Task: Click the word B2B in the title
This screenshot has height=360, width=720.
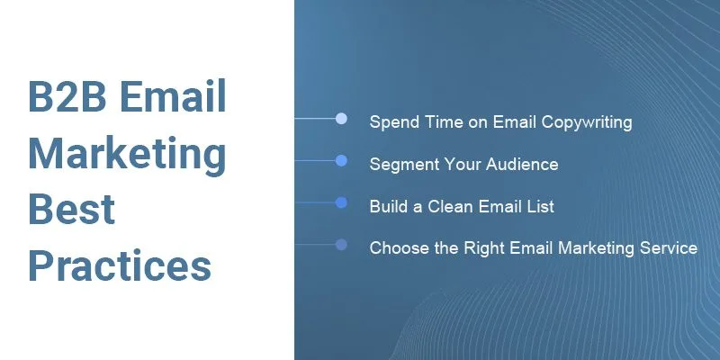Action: pyautogui.click(x=67, y=95)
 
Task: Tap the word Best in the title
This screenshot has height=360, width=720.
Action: pyautogui.click(x=72, y=209)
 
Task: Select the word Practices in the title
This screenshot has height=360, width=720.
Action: pyautogui.click(x=120, y=265)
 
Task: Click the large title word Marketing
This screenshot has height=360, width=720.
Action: pyautogui.click(x=127, y=154)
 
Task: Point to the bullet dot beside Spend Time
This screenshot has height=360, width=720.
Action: pyautogui.click(x=341, y=119)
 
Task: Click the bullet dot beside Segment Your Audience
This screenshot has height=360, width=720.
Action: pyautogui.click(x=341, y=161)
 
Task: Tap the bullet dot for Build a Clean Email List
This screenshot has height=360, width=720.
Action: pyautogui.click(x=341, y=202)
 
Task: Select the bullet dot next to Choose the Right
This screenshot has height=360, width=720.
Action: pyautogui.click(x=341, y=244)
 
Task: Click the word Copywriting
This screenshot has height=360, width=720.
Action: pyautogui.click(x=587, y=122)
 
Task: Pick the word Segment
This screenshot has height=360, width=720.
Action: pyautogui.click(x=402, y=165)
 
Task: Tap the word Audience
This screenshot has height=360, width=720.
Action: pyautogui.click(x=522, y=164)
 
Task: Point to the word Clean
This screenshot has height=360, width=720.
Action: pyautogui.click(x=451, y=206)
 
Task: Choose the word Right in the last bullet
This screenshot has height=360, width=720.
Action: pyautogui.click(x=484, y=248)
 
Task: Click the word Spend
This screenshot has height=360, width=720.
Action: pyautogui.click(x=394, y=122)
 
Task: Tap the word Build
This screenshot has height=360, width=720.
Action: pyautogui.click(x=389, y=206)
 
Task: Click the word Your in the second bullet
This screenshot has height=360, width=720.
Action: pyautogui.click(x=461, y=164)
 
